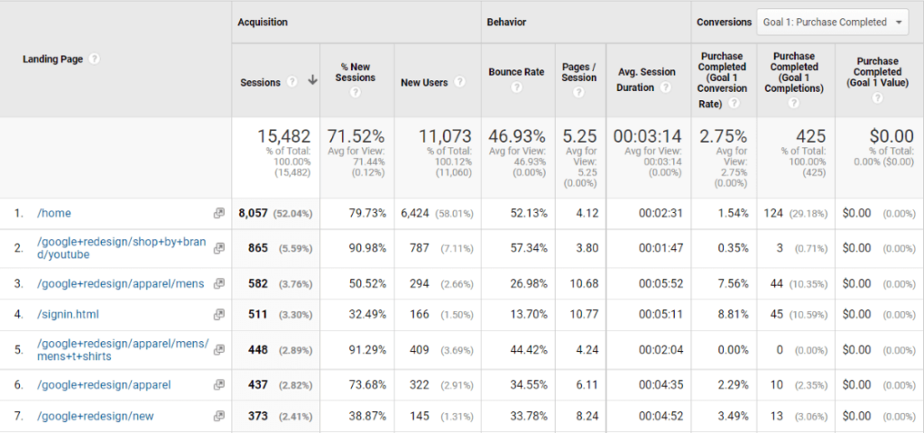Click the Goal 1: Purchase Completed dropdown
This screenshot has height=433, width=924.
tap(833, 22)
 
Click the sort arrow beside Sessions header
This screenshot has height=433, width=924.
tap(312, 81)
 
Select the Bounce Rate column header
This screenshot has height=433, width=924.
tap(516, 71)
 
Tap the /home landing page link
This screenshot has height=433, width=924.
tap(54, 213)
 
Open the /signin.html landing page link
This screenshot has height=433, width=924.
tap(67, 315)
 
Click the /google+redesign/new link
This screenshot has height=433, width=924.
tap(96, 415)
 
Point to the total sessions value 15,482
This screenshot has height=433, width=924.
tap(285, 136)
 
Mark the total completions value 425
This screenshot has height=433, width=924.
tap(810, 136)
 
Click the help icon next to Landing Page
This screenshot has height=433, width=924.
tap(94, 59)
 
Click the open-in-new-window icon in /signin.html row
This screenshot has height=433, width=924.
tap(218, 315)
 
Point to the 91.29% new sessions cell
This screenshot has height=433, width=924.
tap(367, 349)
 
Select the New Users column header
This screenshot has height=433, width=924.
tap(424, 82)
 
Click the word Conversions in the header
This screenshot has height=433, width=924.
tap(724, 22)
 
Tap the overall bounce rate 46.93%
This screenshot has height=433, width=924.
tap(517, 136)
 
